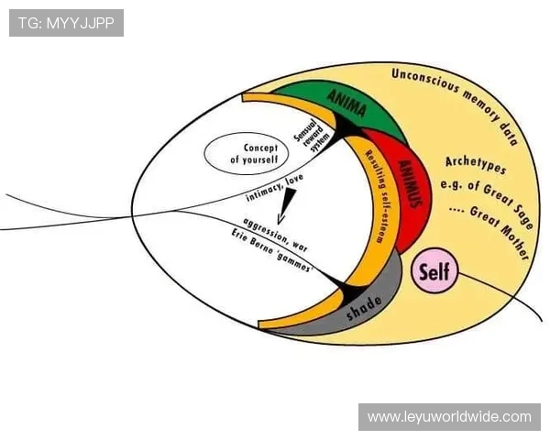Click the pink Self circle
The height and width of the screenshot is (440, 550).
point(434,271)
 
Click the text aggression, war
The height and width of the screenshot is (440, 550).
point(274,233)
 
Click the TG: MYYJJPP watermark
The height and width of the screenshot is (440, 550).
point(66,22)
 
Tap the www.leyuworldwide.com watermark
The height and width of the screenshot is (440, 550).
point(449,417)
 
